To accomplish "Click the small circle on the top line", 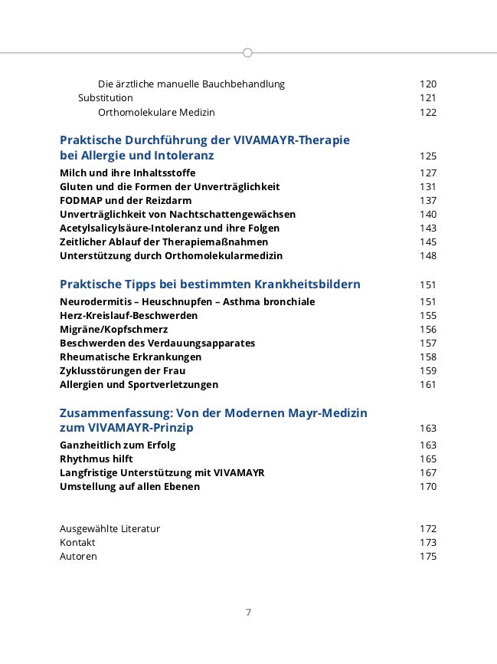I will [247, 53].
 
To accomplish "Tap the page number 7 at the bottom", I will [248, 612].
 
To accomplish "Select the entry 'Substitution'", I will [106, 98].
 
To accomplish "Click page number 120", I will [428, 84].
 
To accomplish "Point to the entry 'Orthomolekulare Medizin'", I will [156, 113].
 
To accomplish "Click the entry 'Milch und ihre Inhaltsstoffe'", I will [127, 173].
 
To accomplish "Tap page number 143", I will [428, 228].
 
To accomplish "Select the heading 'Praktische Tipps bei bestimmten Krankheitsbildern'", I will [210, 284].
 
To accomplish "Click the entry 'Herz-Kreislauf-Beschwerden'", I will [129, 316].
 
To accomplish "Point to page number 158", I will [428, 357].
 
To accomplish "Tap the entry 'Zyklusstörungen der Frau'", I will [123, 371].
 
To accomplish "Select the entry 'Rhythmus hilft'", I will [96, 459].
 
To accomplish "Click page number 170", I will [428, 487].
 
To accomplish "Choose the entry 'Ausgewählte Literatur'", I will [110, 529].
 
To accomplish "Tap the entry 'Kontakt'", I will [77, 543].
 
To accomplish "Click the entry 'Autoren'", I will [78, 557].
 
